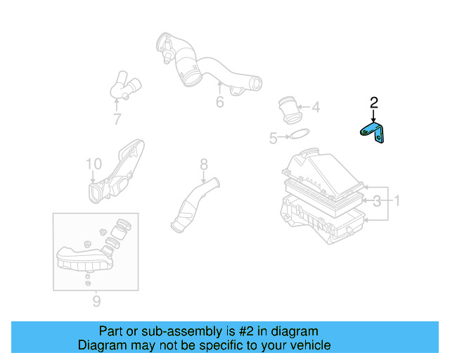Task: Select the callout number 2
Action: pyautogui.click(x=374, y=103)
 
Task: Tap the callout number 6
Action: pyautogui.click(x=219, y=103)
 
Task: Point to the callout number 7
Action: pyautogui.click(x=117, y=119)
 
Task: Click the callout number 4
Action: pyautogui.click(x=316, y=108)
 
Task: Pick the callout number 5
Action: pyautogui.click(x=274, y=139)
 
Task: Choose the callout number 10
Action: pyautogui.click(x=94, y=164)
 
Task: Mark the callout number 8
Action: pyautogui.click(x=203, y=165)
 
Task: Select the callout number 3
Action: pyautogui.click(x=378, y=202)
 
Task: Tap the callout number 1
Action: pyautogui.click(x=396, y=202)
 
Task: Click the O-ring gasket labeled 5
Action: pyautogui.click(x=299, y=135)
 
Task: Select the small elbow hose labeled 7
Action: pyautogui.click(x=124, y=89)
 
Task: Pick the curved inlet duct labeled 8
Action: pyautogui.click(x=193, y=207)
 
